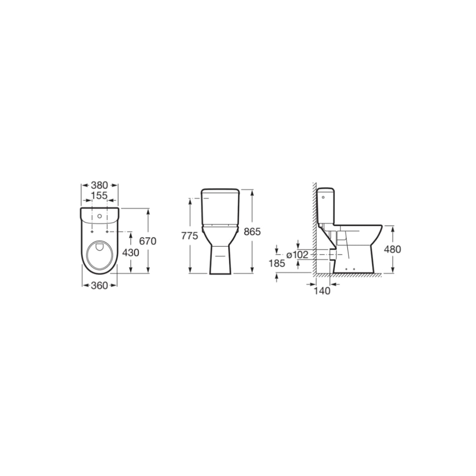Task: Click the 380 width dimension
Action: pyautogui.click(x=99, y=185)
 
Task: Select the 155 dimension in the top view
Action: pyautogui.click(x=99, y=195)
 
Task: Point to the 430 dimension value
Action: pyautogui.click(x=131, y=252)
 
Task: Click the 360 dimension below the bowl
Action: pyautogui.click(x=99, y=285)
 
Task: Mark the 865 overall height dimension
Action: pyautogui.click(x=252, y=232)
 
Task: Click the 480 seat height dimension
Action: pyautogui.click(x=393, y=249)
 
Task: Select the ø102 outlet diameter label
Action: pyautogui.click(x=297, y=255)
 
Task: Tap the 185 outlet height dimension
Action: pyautogui.click(x=276, y=263)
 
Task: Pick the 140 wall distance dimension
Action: pyautogui.click(x=322, y=291)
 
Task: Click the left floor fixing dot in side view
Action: pyautogui.click(x=347, y=269)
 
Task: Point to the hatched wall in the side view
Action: pyautogui.click(x=314, y=230)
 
